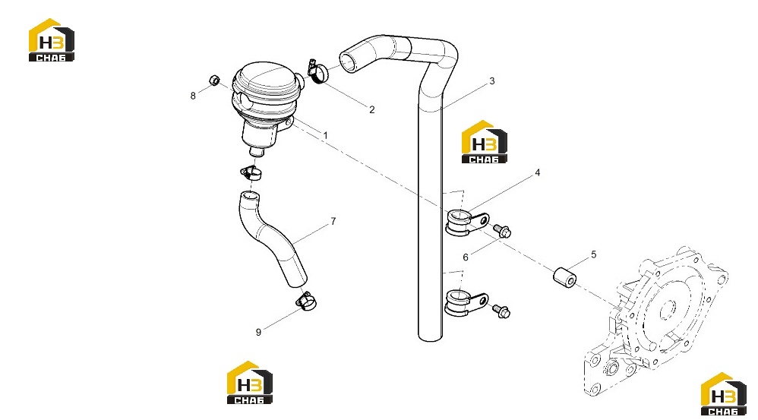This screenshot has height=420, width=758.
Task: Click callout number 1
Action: tap(325, 135)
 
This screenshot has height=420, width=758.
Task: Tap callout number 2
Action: tap(371, 109)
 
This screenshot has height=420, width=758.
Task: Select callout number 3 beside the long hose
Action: tap(492, 81)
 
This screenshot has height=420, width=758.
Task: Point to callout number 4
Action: tap(537, 172)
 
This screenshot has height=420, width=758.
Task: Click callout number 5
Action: tap(594, 254)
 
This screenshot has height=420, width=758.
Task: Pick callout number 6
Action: tap(466, 257)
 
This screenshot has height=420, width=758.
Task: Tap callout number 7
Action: tap(333, 221)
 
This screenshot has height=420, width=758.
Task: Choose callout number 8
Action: tap(193, 96)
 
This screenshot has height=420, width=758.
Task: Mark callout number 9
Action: tap(259, 332)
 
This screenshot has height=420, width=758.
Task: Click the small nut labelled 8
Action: tap(214, 81)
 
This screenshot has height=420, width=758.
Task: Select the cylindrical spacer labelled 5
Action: tap(564, 276)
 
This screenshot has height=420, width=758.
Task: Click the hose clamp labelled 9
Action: tap(306, 301)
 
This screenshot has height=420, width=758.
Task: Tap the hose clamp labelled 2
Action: tap(317, 71)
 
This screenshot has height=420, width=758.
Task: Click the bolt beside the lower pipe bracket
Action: tap(501, 311)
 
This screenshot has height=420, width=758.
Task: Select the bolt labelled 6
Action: tap(502, 231)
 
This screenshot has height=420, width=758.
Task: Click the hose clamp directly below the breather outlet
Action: tap(251, 172)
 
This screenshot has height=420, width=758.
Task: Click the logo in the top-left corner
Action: tap(51, 40)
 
